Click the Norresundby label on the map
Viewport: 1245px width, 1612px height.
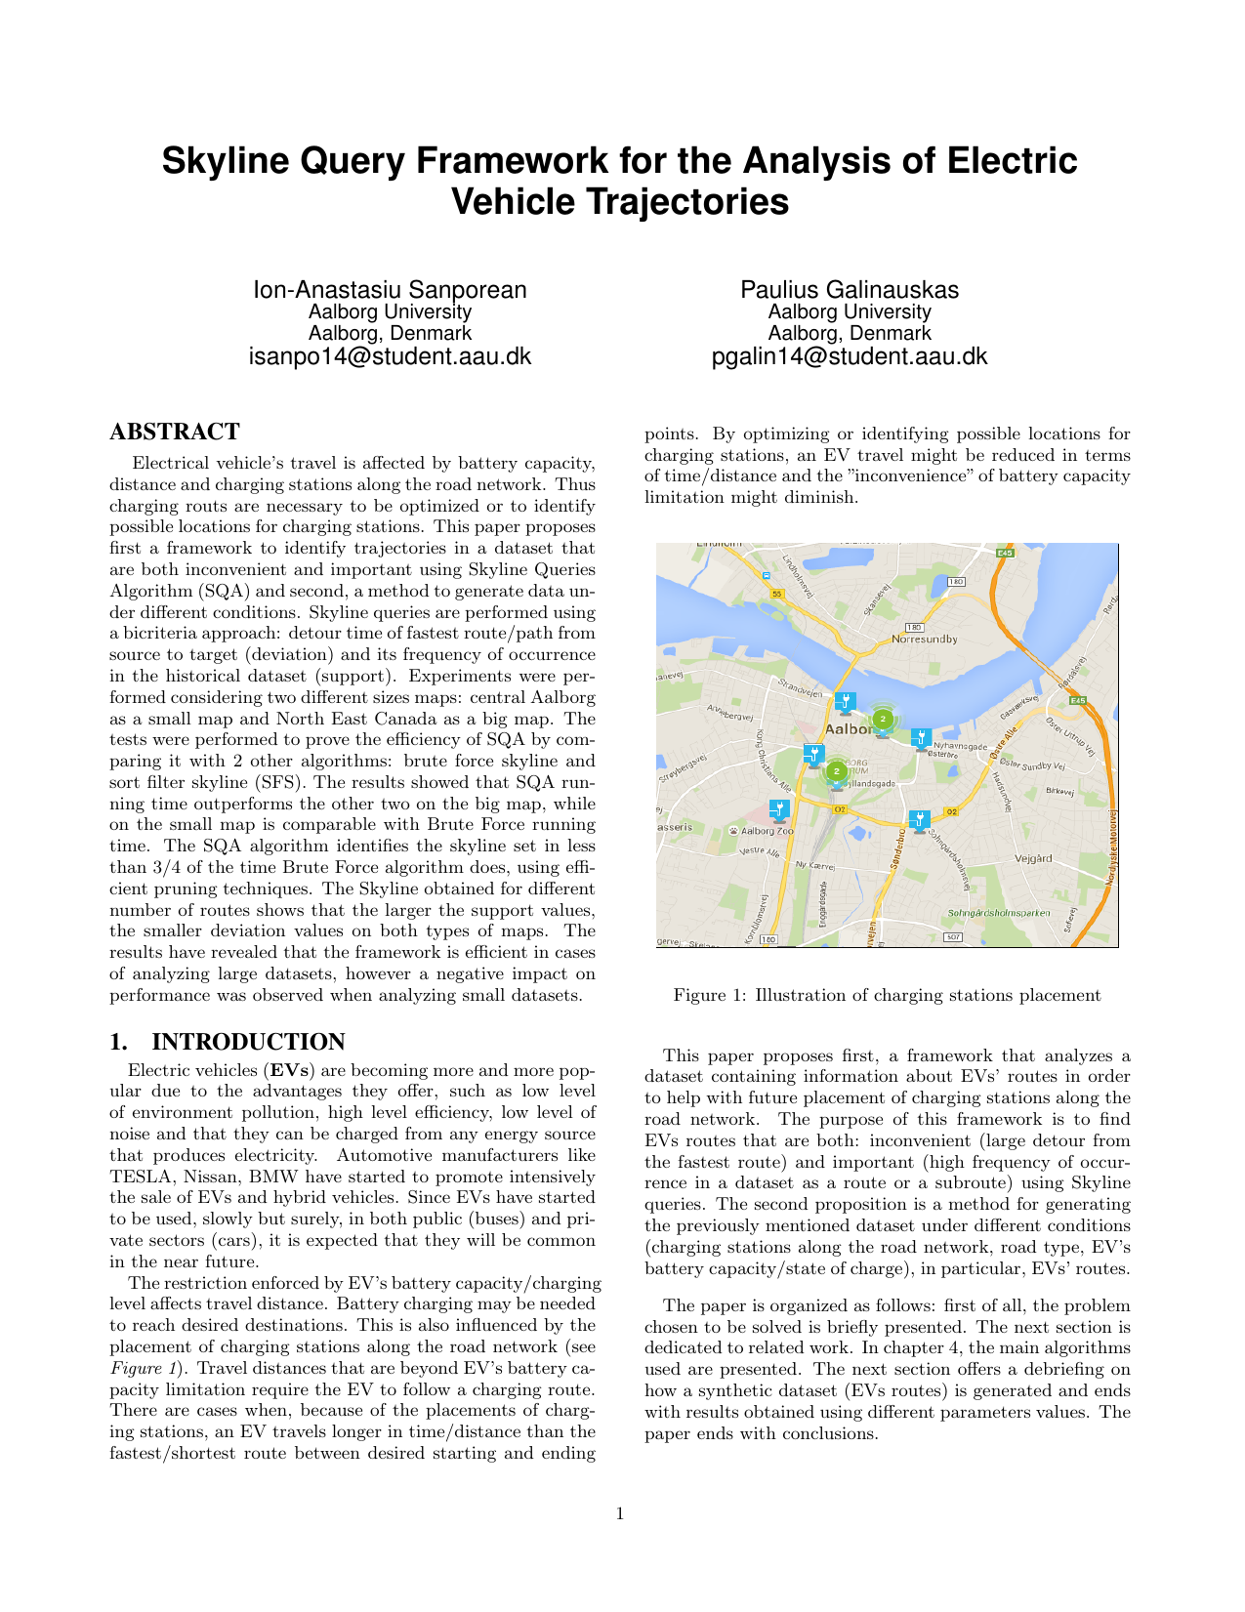click(925, 640)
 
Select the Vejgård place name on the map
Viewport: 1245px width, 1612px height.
click(1033, 859)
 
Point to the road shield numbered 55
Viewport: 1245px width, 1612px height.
click(777, 594)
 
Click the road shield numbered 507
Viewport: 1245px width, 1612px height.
click(953, 937)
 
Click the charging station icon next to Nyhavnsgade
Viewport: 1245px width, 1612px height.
click(920, 738)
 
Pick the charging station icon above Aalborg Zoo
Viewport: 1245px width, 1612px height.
click(778, 809)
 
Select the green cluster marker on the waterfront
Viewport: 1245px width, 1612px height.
click(883, 719)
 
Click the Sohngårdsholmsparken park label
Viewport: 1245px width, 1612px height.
click(999, 914)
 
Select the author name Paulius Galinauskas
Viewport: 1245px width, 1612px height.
click(850, 290)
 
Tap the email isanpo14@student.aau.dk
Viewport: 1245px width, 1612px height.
click(391, 355)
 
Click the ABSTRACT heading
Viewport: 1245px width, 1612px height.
click(175, 432)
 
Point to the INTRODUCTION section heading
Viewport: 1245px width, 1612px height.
click(248, 1042)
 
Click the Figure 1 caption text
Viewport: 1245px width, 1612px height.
click(887, 996)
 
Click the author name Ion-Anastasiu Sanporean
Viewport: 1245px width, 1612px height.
click(391, 290)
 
